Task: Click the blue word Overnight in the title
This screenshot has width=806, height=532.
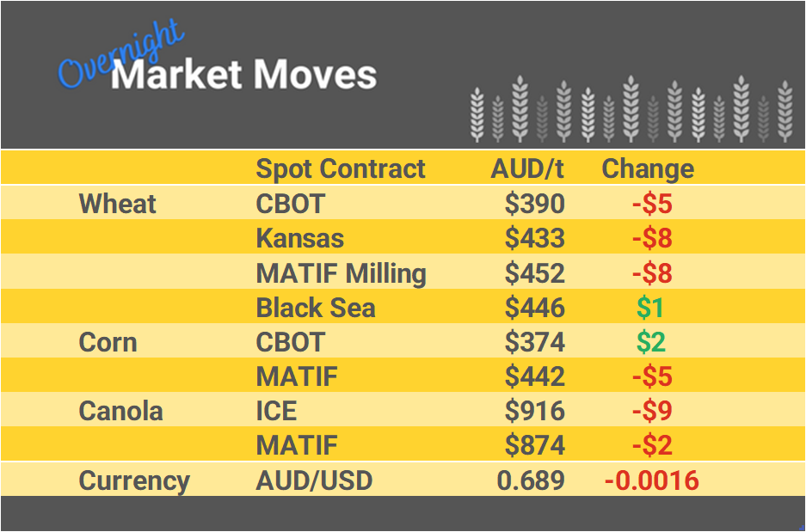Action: pyautogui.click(x=120, y=54)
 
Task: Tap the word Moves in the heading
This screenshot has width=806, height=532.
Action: pyautogui.click(x=315, y=75)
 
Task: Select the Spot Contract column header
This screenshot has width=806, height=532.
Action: pyautogui.click(x=341, y=168)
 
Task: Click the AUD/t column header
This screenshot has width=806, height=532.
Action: pyautogui.click(x=526, y=168)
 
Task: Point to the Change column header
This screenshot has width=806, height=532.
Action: pyautogui.click(x=648, y=168)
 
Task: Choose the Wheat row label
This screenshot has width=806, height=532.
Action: pyautogui.click(x=118, y=204)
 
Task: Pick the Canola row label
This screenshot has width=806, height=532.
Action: pyautogui.click(x=120, y=411)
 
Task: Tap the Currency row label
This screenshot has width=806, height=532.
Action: pyautogui.click(x=134, y=480)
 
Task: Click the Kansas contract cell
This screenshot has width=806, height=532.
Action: pyautogui.click(x=299, y=238)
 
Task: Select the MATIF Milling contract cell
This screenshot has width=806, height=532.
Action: pyautogui.click(x=341, y=273)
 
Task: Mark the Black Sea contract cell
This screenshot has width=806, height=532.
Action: pyautogui.click(x=316, y=308)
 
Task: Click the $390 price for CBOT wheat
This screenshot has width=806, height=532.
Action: pyautogui.click(x=534, y=204)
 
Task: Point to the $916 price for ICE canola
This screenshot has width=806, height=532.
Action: pyautogui.click(x=534, y=411)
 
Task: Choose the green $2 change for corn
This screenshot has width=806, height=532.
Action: pyautogui.click(x=650, y=342)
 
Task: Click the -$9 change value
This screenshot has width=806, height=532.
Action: pyautogui.click(x=651, y=411)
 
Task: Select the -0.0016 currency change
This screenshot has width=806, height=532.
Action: pyautogui.click(x=651, y=480)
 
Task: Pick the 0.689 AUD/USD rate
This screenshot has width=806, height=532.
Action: pyautogui.click(x=531, y=480)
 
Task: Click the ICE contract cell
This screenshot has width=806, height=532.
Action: pyautogui.click(x=276, y=411)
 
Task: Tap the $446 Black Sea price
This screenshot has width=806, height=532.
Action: pyautogui.click(x=534, y=308)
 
